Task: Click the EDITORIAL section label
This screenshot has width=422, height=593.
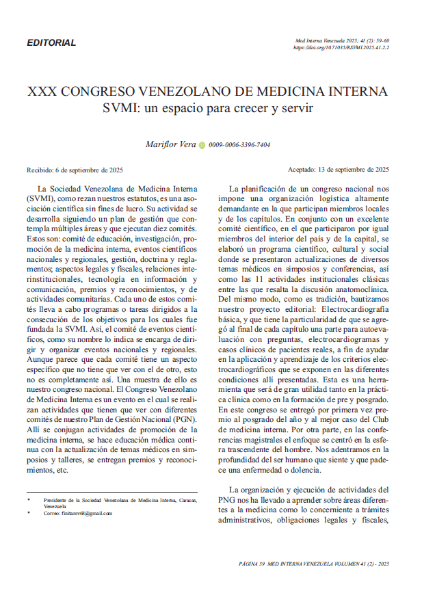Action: (51, 43)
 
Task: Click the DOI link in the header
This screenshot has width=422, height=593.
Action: (341, 49)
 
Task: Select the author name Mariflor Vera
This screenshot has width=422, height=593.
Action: (171, 144)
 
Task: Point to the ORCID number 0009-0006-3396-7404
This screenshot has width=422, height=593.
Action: (239, 145)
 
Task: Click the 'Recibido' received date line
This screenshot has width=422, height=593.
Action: (75, 170)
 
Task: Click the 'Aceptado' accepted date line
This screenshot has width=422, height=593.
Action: (339, 170)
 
